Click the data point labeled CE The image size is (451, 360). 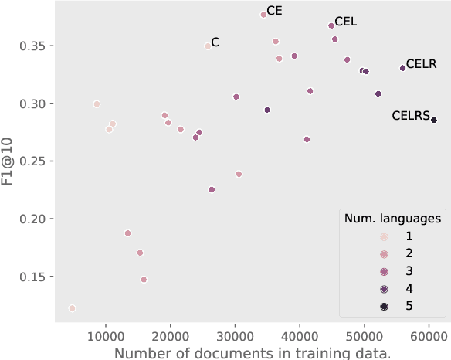click(263, 15)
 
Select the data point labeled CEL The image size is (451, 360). click(331, 25)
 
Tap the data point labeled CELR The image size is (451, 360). click(402, 68)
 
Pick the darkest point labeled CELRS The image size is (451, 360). click(434, 120)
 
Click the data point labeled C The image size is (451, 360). click(207, 46)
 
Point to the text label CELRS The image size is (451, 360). click(410, 116)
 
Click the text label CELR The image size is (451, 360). click(422, 63)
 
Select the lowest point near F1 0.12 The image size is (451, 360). click(72, 308)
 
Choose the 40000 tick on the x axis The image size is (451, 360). click(300, 335)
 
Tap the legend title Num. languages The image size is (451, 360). click(392, 219)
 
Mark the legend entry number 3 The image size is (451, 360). click(409, 271)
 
